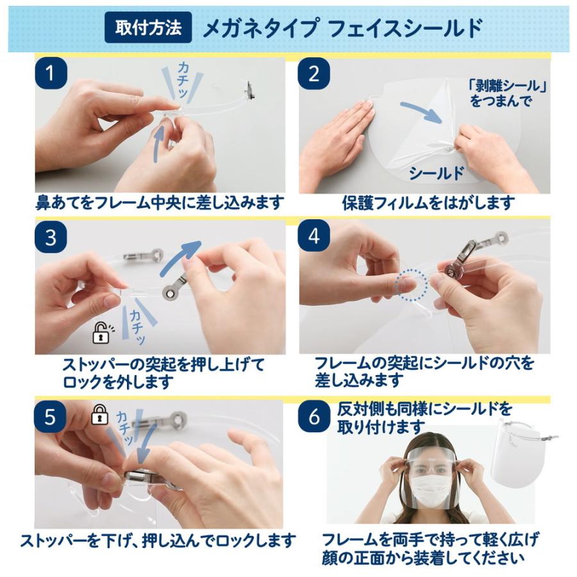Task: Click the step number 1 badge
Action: [51, 73]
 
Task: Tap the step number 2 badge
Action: [314, 74]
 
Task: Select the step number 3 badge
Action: [51, 237]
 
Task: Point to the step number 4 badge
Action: [314, 236]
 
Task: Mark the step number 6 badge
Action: [314, 417]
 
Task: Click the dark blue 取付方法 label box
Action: [148, 28]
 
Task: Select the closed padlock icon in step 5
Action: [99, 414]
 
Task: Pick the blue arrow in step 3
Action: [180, 260]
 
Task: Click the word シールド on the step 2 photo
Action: [436, 173]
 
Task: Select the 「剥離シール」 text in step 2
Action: [506, 86]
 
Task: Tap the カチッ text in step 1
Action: [183, 80]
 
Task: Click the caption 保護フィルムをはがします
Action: [428, 203]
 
